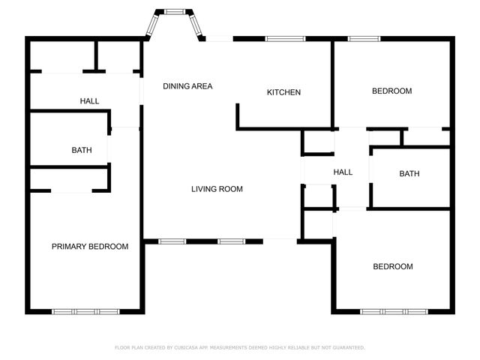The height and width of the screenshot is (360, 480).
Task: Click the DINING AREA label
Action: pos(187,86)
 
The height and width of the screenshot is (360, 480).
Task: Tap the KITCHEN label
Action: pos(284,92)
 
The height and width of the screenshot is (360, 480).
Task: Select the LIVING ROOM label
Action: pos(217,189)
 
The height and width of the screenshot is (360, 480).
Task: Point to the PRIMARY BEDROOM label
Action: pos(89,247)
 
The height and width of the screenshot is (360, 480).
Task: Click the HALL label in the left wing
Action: pos(89,101)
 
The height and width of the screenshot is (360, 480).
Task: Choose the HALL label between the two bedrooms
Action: pos(343,172)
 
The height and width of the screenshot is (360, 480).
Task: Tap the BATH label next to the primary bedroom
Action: pos(82,150)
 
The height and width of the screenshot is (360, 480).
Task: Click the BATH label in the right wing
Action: pos(409,173)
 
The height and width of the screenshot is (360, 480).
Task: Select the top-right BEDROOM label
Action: pos(392,91)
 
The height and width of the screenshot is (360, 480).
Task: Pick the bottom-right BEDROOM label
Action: pos(393,267)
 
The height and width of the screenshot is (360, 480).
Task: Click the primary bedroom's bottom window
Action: pos(85,311)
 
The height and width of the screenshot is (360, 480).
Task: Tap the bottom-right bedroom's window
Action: pos(394,311)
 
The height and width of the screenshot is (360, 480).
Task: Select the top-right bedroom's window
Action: pos(364,39)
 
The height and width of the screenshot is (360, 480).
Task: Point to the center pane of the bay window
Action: pos(175,11)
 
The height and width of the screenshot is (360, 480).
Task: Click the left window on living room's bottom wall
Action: pos(172,241)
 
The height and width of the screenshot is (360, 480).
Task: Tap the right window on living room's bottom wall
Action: pos(231,241)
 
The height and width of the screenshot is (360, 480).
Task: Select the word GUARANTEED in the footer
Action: pos(348,348)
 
